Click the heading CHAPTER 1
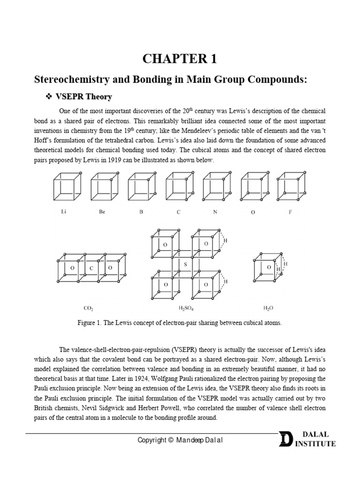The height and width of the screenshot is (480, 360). coord(180,59)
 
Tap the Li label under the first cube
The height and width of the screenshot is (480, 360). coord(64,212)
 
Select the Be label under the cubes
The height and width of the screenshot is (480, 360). coord(102,212)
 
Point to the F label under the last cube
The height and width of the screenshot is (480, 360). coord(290,212)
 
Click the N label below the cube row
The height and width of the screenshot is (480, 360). coord(215,212)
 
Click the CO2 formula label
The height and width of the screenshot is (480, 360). coord(88,308)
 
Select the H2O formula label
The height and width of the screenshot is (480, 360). coord(268,308)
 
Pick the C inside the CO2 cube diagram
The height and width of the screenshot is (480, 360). coord(92,268)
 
